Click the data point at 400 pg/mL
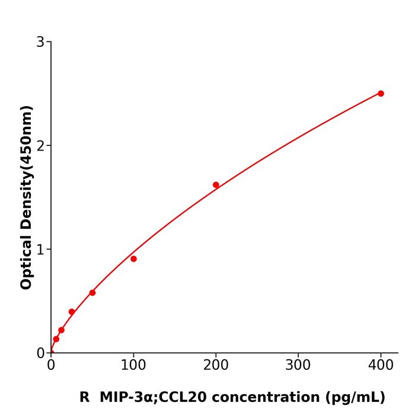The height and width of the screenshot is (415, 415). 381,94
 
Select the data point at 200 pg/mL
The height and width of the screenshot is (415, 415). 216,185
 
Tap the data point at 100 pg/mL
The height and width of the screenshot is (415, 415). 133,259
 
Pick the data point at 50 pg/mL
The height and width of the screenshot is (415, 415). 92,293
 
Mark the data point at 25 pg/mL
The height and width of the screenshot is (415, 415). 72,312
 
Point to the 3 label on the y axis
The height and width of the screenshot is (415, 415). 40,42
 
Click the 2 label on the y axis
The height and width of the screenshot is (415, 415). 40,146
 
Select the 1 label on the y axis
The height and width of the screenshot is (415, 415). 40,250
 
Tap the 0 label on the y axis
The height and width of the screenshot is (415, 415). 40,353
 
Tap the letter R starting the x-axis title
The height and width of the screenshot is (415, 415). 84,397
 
